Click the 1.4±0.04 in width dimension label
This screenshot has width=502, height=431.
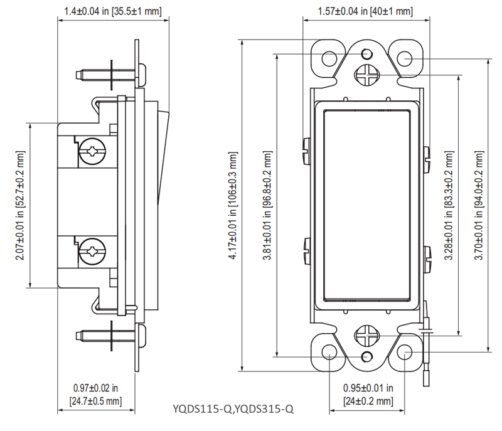coord(113,11)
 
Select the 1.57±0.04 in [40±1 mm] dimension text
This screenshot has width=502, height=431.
coord(365,11)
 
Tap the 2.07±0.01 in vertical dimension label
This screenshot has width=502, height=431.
coord(20,205)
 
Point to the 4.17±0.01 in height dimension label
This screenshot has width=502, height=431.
coord(233,205)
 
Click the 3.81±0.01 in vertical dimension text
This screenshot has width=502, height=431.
coord(267,205)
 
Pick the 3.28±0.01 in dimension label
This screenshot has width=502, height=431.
coord(449,205)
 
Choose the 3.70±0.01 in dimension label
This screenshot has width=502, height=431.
coord(479,205)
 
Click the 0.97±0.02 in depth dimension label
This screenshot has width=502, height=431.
coord(96,395)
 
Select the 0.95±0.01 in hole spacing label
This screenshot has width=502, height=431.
coord(368,395)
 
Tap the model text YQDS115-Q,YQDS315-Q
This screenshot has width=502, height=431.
coord(233,408)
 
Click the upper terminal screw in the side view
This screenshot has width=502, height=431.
coord(92,151)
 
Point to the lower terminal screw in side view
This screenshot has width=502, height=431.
coord(92,252)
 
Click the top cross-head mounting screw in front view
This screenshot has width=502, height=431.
coord(367,75)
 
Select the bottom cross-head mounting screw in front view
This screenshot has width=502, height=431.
coord(367,336)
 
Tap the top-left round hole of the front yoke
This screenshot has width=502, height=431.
coord(329,59)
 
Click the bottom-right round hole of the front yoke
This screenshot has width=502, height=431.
coord(405,352)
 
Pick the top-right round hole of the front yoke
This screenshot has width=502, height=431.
coord(405,59)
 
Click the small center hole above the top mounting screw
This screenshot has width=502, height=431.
coord(367,54)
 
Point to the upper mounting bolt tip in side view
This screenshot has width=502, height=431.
coord(77,75)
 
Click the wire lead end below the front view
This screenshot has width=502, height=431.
coord(426,378)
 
